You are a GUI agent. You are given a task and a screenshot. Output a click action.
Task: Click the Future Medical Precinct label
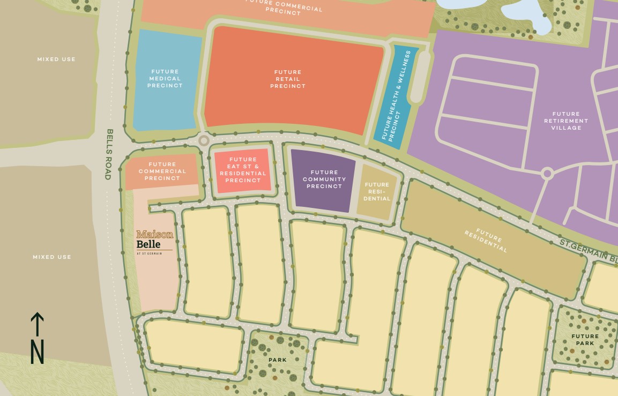click(165, 79)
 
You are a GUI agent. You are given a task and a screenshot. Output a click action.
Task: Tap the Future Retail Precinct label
click(288, 79)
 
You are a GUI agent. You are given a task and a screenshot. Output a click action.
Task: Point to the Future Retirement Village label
click(566, 121)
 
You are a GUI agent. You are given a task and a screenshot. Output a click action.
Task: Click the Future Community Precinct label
click(324, 180)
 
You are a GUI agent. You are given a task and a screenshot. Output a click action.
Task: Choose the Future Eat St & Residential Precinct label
click(243, 170)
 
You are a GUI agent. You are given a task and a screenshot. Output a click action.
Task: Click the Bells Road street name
click(109, 154)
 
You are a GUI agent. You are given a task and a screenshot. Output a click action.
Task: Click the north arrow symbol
click(36, 338)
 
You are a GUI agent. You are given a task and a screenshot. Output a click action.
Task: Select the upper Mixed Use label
click(56, 59)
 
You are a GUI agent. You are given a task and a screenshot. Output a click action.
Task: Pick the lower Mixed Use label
click(52, 257)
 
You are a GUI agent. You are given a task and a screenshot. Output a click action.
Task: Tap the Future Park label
click(585, 340)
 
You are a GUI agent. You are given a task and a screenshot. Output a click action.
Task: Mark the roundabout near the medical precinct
click(204, 141)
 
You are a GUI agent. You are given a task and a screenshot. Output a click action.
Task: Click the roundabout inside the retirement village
click(547, 174)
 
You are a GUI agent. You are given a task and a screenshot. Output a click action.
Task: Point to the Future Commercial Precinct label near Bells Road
click(162, 171)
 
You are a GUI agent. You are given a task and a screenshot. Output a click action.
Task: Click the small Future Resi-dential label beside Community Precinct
click(377, 191)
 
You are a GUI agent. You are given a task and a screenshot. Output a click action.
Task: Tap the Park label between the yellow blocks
click(278, 360)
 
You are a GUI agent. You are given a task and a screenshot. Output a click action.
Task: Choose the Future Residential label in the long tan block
click(486, 241)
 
